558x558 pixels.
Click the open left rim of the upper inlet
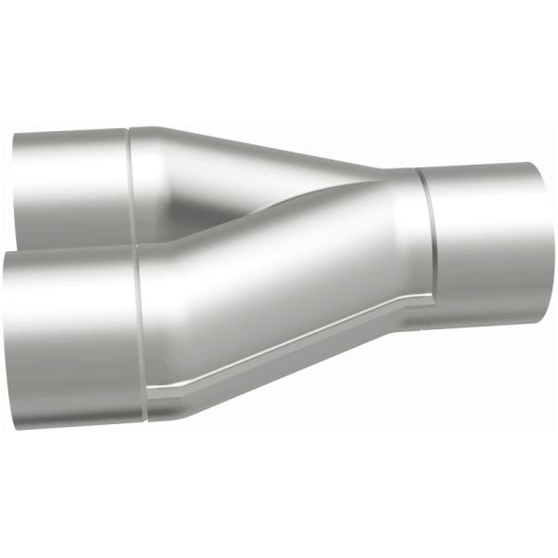pyautogui.click(x=16, y=191)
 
